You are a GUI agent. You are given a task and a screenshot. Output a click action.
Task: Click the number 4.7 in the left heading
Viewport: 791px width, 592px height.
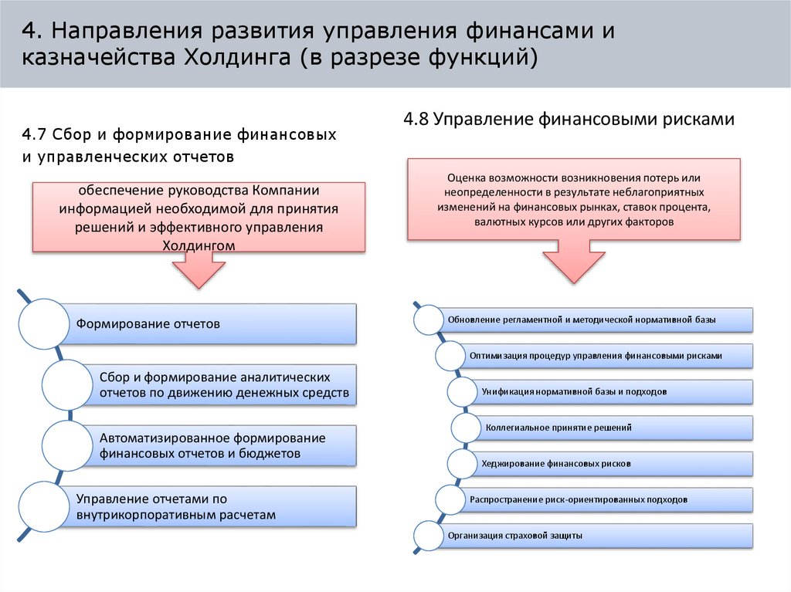pos(35,135)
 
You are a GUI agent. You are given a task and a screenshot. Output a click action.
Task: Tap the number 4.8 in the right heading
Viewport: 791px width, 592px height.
pos(416,119)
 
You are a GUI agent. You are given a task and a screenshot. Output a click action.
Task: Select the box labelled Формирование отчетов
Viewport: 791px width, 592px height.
pos(209,323)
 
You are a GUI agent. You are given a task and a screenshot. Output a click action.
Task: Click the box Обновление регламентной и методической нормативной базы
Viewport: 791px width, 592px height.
pos(595,320)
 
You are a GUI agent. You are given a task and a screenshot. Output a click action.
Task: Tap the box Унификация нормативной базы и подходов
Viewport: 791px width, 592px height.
pos(610,391)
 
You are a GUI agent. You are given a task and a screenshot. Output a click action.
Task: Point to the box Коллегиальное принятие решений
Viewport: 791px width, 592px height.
pos(610,427)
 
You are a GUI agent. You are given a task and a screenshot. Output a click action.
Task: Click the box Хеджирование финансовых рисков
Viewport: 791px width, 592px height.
pos(610,463)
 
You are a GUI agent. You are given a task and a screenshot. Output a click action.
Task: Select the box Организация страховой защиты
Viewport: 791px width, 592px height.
pos(595,535)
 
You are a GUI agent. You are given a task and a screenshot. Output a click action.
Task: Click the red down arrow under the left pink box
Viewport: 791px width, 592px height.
pos(199,271)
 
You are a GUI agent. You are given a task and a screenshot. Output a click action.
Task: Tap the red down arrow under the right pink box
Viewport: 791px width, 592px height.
pos(574,262)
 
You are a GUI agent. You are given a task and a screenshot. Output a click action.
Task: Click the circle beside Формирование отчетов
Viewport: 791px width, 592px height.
pos(43,323)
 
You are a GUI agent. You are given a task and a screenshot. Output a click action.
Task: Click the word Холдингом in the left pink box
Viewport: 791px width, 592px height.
pos(198,245)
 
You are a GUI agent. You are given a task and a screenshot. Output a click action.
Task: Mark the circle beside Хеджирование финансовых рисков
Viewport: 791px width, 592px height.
pos(462,463)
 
